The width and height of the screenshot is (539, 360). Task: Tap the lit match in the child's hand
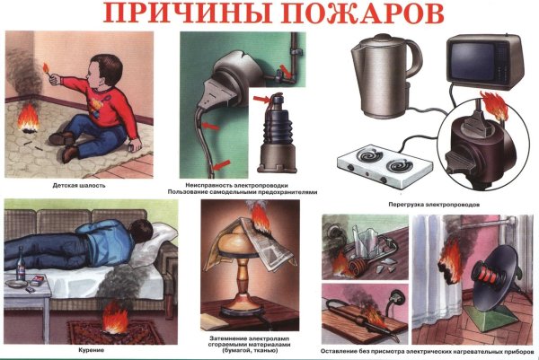[x=46, y=66]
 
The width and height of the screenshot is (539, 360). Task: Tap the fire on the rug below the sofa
[x=117, y=318]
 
